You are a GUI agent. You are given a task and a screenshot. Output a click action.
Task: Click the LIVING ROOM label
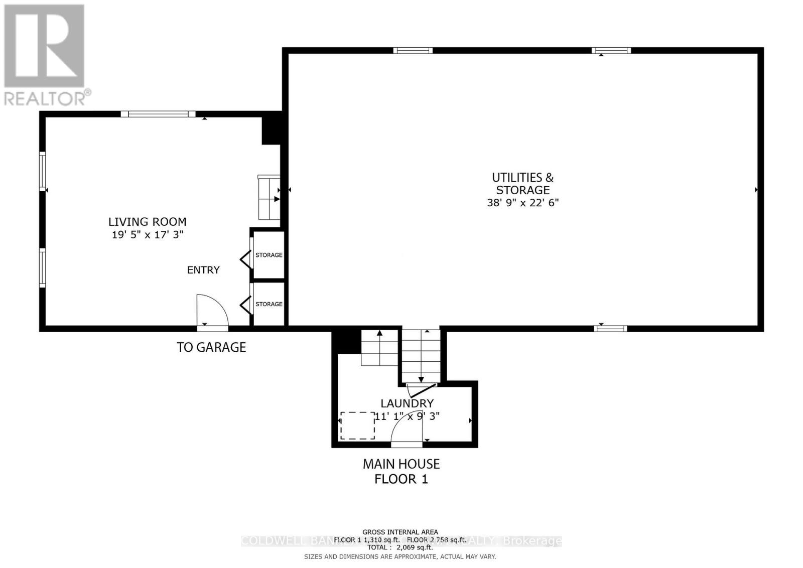coord(147,222)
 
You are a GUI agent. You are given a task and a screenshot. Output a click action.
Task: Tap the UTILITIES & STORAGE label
coord(522,184)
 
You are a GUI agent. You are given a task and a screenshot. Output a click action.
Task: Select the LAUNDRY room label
coord(407,403)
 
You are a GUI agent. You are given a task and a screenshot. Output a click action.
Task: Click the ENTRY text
coord(203,270)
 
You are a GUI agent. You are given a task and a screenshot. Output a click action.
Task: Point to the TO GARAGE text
coord(211,347)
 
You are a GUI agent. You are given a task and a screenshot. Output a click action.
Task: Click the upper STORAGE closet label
coord(269,255)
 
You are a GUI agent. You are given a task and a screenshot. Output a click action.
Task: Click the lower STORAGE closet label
coord(269,304)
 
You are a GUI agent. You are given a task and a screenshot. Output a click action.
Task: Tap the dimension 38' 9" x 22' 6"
coord(522,203)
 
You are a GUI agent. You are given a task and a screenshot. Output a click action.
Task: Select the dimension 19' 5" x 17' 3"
coord(147,234)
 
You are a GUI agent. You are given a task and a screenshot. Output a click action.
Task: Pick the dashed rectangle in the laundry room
coord(357,425)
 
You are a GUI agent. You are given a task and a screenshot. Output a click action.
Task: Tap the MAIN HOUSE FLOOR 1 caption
coord(401,471)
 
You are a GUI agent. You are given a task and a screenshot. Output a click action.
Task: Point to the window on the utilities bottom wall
coord(610,329)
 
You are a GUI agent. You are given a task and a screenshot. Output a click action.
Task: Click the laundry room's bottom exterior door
coord(407,444)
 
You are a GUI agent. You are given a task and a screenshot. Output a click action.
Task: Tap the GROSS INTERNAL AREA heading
coord(400,532)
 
